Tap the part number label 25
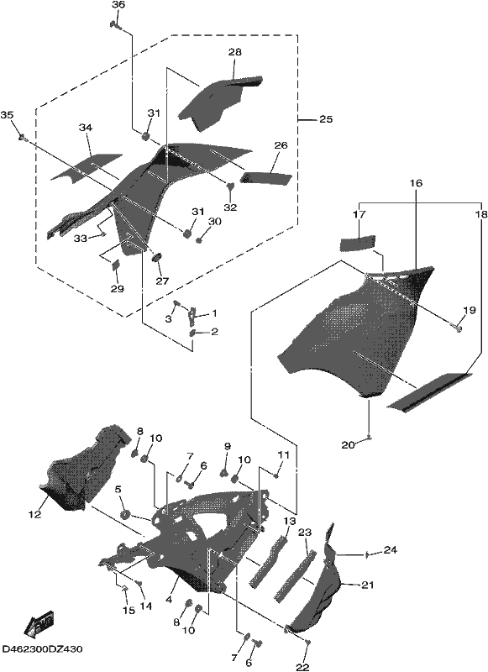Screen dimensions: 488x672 pos(326,119)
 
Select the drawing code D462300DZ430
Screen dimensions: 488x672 pos(42,649)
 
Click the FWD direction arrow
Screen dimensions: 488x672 pos(39,622)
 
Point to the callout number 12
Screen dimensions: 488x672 pos(34,514)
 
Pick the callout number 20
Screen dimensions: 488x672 pos(348,446)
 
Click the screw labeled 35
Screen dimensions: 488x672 pos(23,138)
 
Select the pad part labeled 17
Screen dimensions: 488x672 pos(357,244)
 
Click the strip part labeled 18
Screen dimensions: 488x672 pos(428,392)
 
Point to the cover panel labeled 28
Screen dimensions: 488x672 pos(218,102)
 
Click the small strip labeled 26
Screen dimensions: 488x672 pos(265,178)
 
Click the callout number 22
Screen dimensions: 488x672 pos(302,667)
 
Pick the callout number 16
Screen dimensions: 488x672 pos(415,183)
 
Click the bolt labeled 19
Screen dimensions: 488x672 pos(458,328)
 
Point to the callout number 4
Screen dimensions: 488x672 pos(169,600)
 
